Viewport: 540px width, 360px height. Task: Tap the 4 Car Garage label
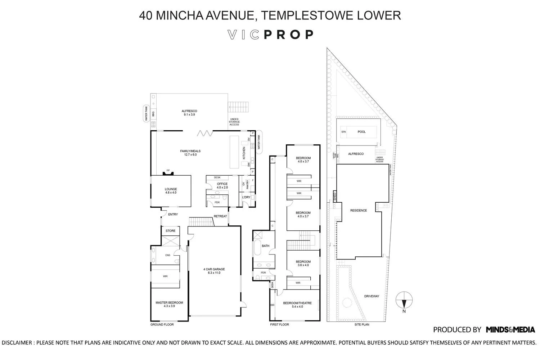tap(213, 271)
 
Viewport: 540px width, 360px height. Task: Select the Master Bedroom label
tap(169, 304)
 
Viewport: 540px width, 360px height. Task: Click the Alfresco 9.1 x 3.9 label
tap(189, 113)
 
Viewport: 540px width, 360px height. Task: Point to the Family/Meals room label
tap(190, 153)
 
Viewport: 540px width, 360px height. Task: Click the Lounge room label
tap(171, 191)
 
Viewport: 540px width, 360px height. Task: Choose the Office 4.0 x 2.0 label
tap(222, 185)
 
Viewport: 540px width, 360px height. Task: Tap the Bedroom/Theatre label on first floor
tap(297, 305)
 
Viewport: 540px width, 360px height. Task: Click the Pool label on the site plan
tap(361, 132)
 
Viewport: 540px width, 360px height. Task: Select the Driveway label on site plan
tap(372, 296)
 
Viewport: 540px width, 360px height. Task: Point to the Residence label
tap(358, 210)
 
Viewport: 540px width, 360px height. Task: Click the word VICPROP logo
tap(271, 35)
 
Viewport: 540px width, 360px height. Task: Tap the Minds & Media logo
tap(510, 329)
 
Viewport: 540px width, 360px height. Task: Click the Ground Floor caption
tap(162, 325)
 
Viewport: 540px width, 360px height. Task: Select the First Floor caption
tap(280, 325)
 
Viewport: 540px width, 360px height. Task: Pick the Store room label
tap(170, 231)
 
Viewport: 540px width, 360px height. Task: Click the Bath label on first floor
tap(265, 246)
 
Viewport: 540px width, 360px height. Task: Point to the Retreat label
tap(220, 216)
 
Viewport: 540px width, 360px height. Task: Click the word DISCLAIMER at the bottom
tap(17, 343)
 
